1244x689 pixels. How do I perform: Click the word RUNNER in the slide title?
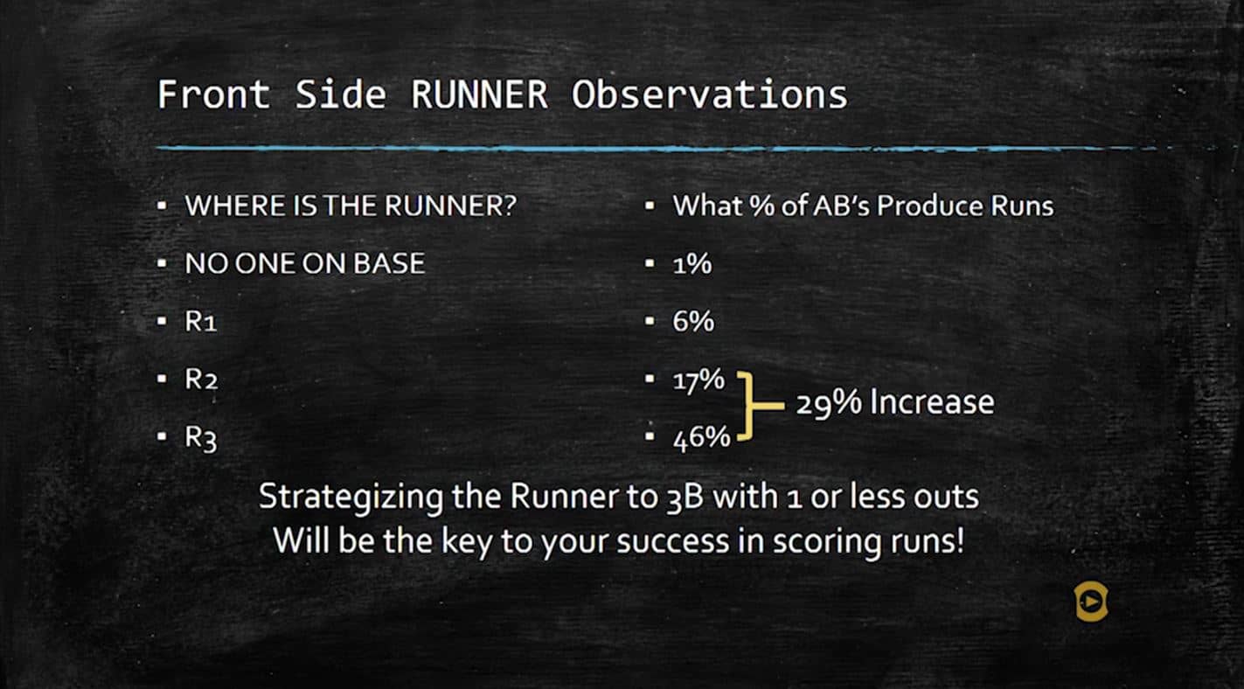point(479,94)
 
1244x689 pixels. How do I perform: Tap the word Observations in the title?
point(709,94)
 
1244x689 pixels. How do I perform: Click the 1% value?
point(691,263)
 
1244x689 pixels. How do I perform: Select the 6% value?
point(692,322)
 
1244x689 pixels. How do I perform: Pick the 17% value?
point(698,380)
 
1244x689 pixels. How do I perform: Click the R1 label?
point(200,322)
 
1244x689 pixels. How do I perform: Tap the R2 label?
point(201,380)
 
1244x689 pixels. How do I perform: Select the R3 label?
point(200,438)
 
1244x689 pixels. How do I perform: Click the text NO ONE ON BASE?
point(304,263)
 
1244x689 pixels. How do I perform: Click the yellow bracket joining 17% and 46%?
point(748,404)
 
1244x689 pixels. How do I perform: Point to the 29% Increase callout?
point(894,402)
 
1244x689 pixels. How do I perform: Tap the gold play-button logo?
point(1090,602)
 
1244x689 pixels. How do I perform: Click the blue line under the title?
point(612,149)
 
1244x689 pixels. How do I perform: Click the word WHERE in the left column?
point(222,206)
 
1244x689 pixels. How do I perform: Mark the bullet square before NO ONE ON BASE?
point(162,263)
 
